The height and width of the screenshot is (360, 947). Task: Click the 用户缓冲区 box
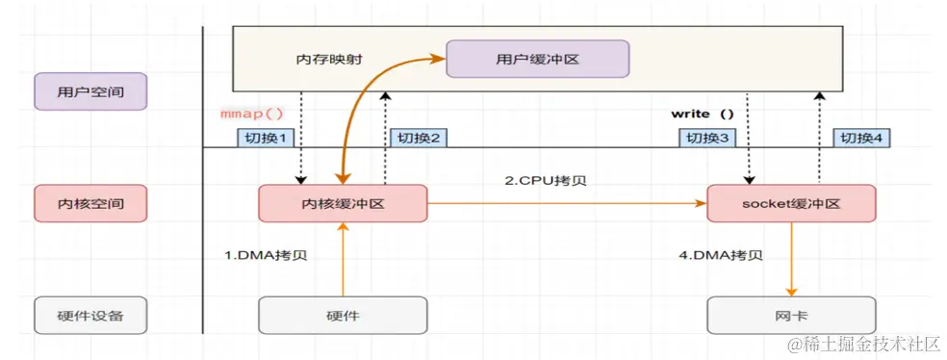pos(537,59)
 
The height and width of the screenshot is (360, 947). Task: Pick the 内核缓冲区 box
pos(343,204)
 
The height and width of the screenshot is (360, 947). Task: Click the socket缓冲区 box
pos(791,204)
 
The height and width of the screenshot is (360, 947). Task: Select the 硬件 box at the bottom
pos(343,315)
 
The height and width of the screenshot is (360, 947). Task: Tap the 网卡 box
pos(791,315)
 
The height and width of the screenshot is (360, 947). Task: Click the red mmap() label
pos(252,114)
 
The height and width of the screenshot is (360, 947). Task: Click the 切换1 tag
pos(264,139)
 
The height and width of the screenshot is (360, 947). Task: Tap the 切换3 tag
pos(708,139)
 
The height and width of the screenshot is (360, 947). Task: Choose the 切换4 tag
pos(860,139)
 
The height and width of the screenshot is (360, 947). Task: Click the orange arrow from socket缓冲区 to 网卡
pos(791,259)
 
